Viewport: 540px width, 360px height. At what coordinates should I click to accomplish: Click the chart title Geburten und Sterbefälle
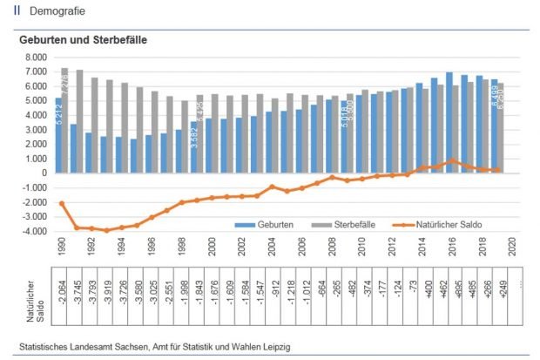coord(83,40)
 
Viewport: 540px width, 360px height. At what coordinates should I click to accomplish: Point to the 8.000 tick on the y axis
coord(34,57)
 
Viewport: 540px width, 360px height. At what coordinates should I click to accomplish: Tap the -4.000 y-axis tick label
coord(33,232)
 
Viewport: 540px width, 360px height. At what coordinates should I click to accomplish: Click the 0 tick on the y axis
coord(42,173)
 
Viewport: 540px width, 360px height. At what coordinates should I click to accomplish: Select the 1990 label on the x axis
coord(62,247)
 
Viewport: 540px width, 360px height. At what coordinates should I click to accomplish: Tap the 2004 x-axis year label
coord(272,247)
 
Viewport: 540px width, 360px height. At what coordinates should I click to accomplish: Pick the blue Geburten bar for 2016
coord(449,122)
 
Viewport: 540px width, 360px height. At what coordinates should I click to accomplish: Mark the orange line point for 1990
coord(62,203)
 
